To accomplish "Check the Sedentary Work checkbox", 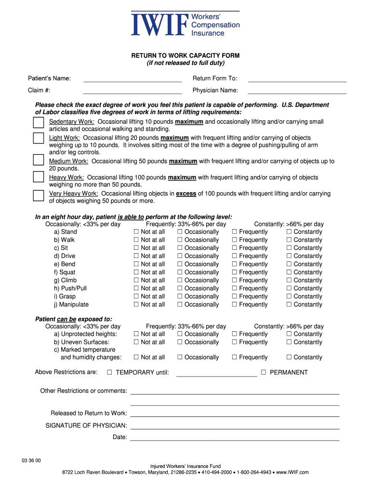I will (39, 123).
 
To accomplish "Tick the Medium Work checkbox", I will (39, 160).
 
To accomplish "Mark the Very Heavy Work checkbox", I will (39, 195).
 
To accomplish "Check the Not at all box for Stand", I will (136, 232).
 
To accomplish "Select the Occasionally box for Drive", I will (180, 256).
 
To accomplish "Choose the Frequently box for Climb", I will (235, 280).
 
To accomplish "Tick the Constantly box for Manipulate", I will (289, 304).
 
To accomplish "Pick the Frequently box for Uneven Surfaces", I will (235, 342).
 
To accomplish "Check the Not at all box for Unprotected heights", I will (136, 334).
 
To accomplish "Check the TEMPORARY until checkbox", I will (109, 372).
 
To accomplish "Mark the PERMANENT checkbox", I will (264, 372).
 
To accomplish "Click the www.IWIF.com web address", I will (292, 473).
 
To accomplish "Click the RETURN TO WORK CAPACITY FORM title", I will (185, 56).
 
